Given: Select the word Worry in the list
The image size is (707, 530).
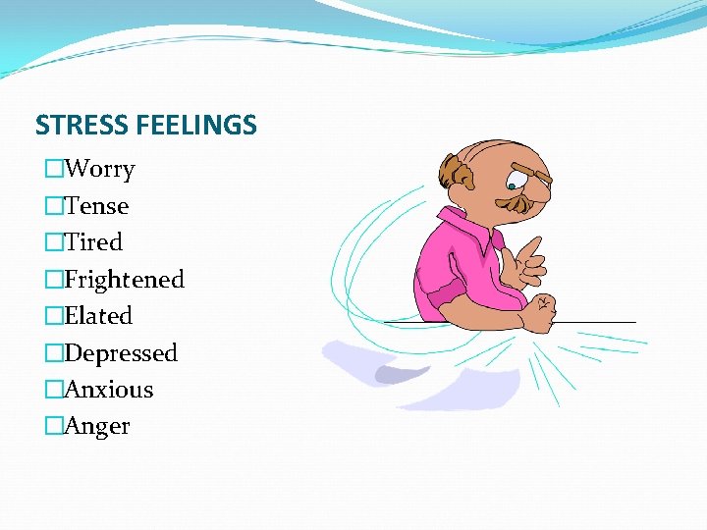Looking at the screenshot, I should (99, 169).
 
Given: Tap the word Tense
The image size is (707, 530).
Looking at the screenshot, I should (96, 206).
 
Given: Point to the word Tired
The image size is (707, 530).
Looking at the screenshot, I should (93, 242).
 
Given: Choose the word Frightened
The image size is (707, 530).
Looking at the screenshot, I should (124, 280).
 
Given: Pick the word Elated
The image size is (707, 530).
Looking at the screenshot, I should (98, 316).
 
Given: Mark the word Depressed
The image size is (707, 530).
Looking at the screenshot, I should (121, 353).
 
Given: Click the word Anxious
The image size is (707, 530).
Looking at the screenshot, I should (109, 390).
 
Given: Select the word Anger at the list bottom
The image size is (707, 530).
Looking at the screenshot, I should (97, 426).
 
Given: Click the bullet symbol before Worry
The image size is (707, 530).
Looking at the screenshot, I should (54, 169).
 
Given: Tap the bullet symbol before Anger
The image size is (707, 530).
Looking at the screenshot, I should (54, 426).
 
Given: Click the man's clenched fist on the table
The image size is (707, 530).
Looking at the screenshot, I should (537, 313).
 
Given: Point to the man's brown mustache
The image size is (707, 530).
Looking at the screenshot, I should (518, 202).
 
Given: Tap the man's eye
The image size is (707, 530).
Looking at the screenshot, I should (514, 184).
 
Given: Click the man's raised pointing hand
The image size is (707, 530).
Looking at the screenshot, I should (524, 260).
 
